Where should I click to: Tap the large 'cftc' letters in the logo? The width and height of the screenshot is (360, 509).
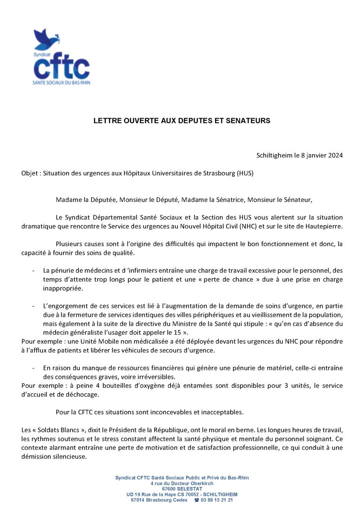point(61,67)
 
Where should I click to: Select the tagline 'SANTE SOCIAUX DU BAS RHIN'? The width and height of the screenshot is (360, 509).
point(61,83)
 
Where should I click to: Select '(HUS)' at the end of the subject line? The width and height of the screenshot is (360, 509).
point(245,173)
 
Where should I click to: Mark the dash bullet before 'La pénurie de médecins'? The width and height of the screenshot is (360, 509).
point(33,271)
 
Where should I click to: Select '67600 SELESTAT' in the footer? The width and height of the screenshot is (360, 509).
point(182,488)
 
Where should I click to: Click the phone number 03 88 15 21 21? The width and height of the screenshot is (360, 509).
point(217,500)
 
